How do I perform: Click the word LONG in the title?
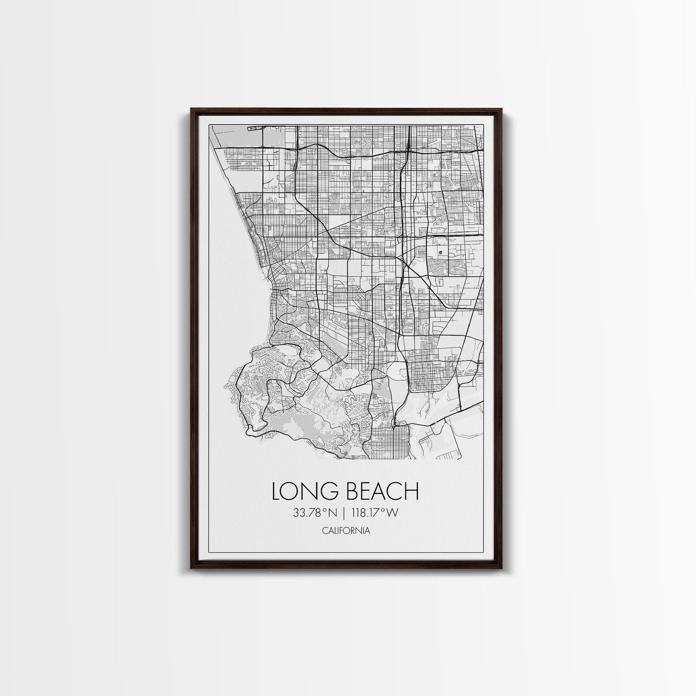coord(303,491)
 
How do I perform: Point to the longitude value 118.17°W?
coord(376,512)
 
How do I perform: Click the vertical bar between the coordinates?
coord(344,512)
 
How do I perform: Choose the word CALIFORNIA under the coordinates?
coord(346,530)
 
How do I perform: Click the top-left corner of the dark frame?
coord(191,108)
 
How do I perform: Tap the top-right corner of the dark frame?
coord(502,108)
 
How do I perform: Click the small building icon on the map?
coord(440,252)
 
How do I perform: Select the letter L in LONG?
coord(277,491)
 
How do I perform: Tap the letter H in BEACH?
coord(411,491)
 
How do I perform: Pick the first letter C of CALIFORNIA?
coord(324,530)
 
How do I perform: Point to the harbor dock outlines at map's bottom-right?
coord(447,441)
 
